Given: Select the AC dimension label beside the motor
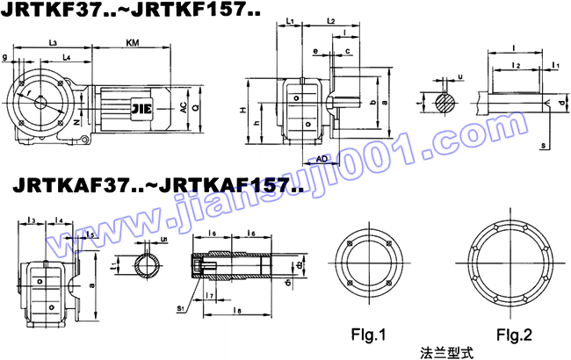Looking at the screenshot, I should [x=183, y=107].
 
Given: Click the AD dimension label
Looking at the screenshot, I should [x=322, y=158].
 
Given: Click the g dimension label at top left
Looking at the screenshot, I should [x=6, y=58].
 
